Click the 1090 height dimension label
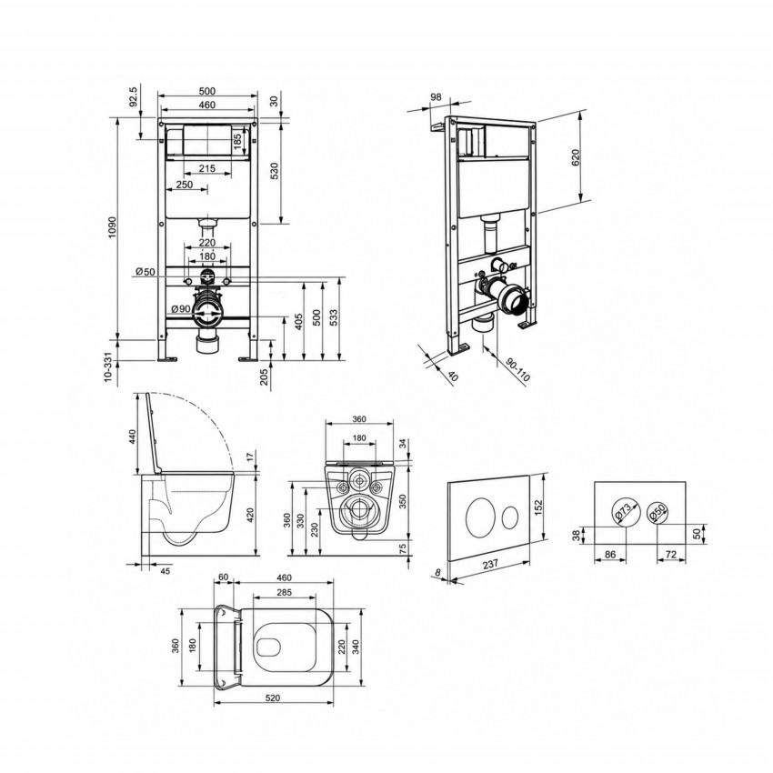point(112,227)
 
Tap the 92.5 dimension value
point(134,95)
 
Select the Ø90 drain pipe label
point(181,309)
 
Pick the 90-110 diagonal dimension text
point(517,369)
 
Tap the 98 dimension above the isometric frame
point(436,97)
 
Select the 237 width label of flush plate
point(490,565)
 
